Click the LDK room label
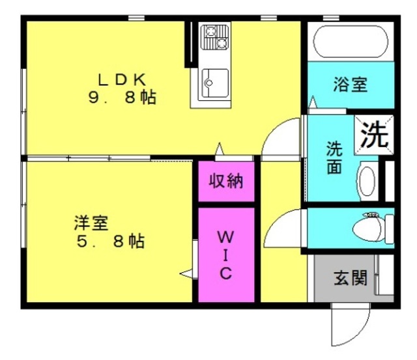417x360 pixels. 122,79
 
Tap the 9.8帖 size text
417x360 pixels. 122,98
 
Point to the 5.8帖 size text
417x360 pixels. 111,242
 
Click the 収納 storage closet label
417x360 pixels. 226,181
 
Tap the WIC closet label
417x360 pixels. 226,255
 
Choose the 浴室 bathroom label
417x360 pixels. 351,85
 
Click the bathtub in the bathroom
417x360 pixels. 351,42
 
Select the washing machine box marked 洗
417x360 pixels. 374,135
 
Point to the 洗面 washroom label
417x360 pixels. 334,158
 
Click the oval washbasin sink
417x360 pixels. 367,182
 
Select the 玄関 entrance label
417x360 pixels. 351,278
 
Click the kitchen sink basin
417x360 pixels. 215,83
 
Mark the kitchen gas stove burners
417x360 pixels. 214,37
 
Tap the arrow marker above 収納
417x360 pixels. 220,149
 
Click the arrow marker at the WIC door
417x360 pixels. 186,273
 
